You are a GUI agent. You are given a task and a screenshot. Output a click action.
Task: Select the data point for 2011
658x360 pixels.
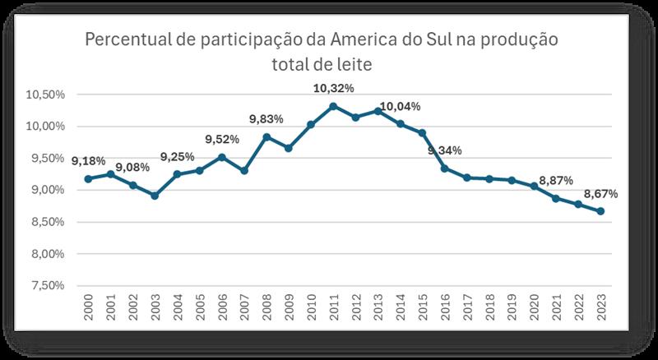point(333,106)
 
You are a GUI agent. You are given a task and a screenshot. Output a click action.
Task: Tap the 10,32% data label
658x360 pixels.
point(333,89)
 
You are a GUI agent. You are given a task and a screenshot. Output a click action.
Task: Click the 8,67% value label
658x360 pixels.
point(601,194)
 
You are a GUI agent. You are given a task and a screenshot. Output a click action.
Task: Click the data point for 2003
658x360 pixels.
point(155,196)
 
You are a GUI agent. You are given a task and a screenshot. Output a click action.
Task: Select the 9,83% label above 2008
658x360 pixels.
point(266,119)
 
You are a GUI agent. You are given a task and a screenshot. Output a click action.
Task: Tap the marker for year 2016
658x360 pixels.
point(444,168)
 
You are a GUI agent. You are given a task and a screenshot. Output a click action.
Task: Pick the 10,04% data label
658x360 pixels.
point(401,107)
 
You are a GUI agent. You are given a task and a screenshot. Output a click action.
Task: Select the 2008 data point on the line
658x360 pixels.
point(266,136)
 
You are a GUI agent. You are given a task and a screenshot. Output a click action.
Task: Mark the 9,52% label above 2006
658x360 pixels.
point(222,139)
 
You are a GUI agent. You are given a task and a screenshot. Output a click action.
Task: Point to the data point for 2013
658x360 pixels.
point(378,111)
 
